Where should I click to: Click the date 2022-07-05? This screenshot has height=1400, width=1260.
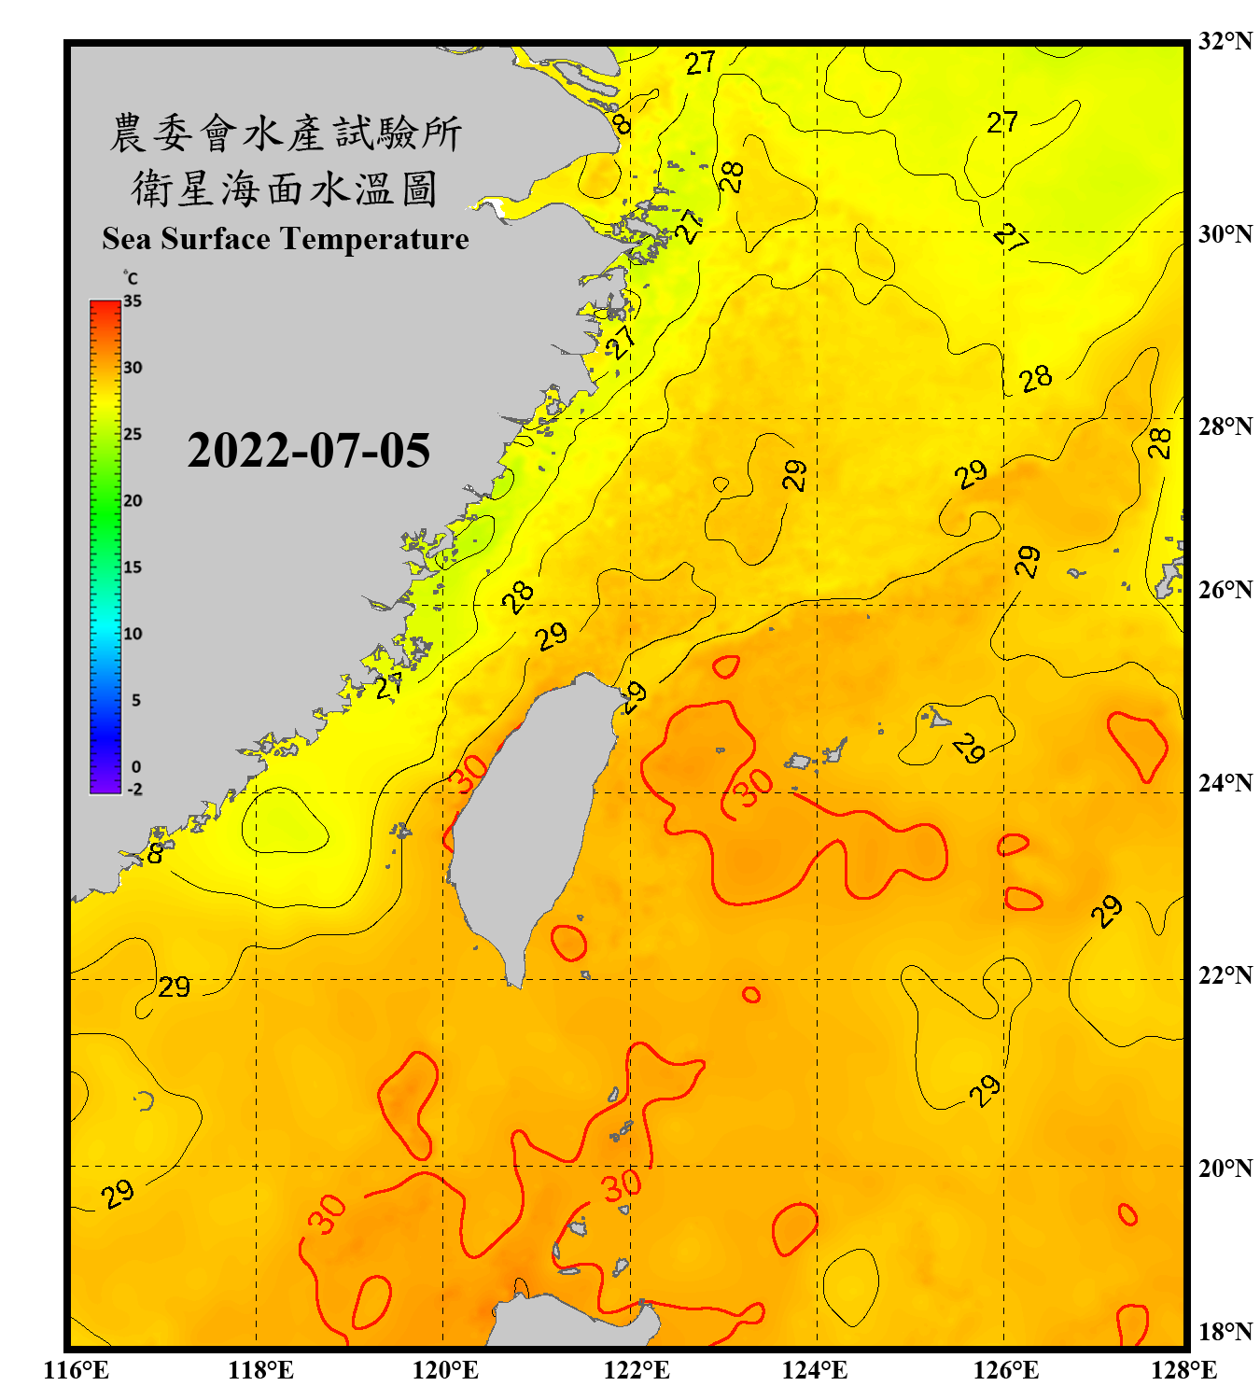click(x=309, y=451)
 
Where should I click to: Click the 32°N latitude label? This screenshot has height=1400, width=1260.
click(x=1225, y=41)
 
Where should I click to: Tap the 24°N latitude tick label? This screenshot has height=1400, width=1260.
click(x=1225, y=782)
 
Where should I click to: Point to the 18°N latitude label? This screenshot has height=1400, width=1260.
click(x=1225, y=1332)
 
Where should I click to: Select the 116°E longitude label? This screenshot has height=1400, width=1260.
click(x=77, y=1370)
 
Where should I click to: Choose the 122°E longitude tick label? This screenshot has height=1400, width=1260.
click(x=637, y=1370)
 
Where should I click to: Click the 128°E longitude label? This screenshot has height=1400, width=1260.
click(x=1183, y=1370)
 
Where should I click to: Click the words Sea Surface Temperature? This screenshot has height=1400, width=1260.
click(x=286, y=239)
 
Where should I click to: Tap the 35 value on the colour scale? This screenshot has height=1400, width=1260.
click(x=133, y=301)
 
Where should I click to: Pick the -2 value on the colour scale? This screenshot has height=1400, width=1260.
click(x=134, y=790)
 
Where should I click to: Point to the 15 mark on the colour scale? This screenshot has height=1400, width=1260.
click(x=133, y=567)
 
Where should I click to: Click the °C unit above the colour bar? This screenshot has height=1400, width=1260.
click(x=131, y=278)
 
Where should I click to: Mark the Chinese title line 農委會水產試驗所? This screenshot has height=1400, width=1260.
click(x=286, y=133)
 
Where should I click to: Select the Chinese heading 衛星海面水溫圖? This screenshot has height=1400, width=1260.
click(x=286, y=189)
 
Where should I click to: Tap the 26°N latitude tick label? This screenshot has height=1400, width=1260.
click(x=1225, y=590)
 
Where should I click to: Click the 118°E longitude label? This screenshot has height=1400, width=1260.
click(x=261, y=1370)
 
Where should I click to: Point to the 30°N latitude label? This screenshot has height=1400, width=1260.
click(x=1225, y=233)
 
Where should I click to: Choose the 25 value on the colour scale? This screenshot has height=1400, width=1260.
click(x=133, y=434)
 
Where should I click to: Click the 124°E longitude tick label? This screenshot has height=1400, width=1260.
click(x=815, y=1370)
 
